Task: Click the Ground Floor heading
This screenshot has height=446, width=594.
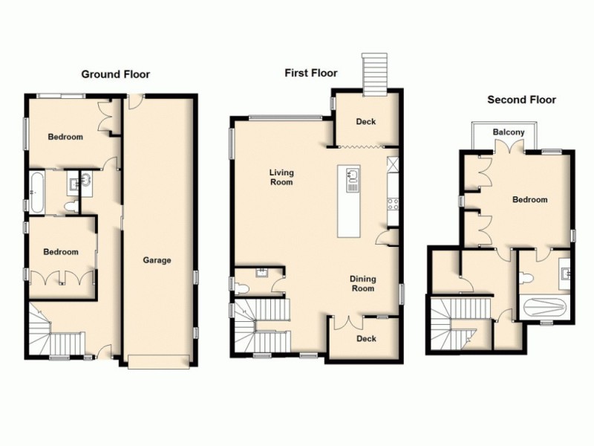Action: click(x=115, y=74)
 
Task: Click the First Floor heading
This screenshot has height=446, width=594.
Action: click(x=311, y=73)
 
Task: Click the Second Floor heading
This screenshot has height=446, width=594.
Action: click(x=521, y=100)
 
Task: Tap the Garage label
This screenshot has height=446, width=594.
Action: click(x=157, y=260)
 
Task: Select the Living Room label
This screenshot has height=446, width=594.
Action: click(x=281, y=177)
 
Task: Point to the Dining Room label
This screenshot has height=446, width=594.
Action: click(x=363, y=283)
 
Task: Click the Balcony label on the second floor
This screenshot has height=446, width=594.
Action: click(x=509, y=133)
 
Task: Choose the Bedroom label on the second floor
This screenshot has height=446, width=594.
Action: click(x=529, y=199)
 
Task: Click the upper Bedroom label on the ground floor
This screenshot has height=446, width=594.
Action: click(x=65, y=137)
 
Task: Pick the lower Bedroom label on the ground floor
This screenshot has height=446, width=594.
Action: click(x=60, y=252)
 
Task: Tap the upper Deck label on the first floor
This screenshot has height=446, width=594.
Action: click(x=365, y=122)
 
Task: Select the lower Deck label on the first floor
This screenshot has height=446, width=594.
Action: click(x=366, y=339)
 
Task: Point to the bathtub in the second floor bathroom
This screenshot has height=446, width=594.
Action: click(x=545, y=307)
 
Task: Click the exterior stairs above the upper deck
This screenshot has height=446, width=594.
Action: click(x=373, y=74)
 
